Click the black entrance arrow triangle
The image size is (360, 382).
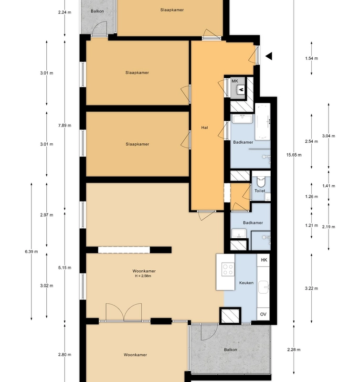coord(269,56)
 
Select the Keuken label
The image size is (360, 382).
coord(246,283)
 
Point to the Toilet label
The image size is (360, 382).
coord(260,191)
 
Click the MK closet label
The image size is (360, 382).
coord(234,81)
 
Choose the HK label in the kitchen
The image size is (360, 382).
coord(263,259)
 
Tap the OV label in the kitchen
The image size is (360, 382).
coord(263,314)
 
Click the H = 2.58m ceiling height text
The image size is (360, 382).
coord(144,276)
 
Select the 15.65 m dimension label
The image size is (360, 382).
coord(294,155)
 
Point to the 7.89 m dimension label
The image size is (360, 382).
coord(64,126)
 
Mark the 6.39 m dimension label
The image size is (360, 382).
coord(32,251)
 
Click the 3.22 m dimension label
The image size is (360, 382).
coord(311,288)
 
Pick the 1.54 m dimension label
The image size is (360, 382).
coord(311,58)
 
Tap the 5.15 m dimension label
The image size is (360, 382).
coord(64,268)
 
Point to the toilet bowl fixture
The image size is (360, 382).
coord(261,181)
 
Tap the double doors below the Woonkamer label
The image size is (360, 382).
coord(124,313)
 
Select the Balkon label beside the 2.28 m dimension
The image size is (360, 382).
coord(230,350)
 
